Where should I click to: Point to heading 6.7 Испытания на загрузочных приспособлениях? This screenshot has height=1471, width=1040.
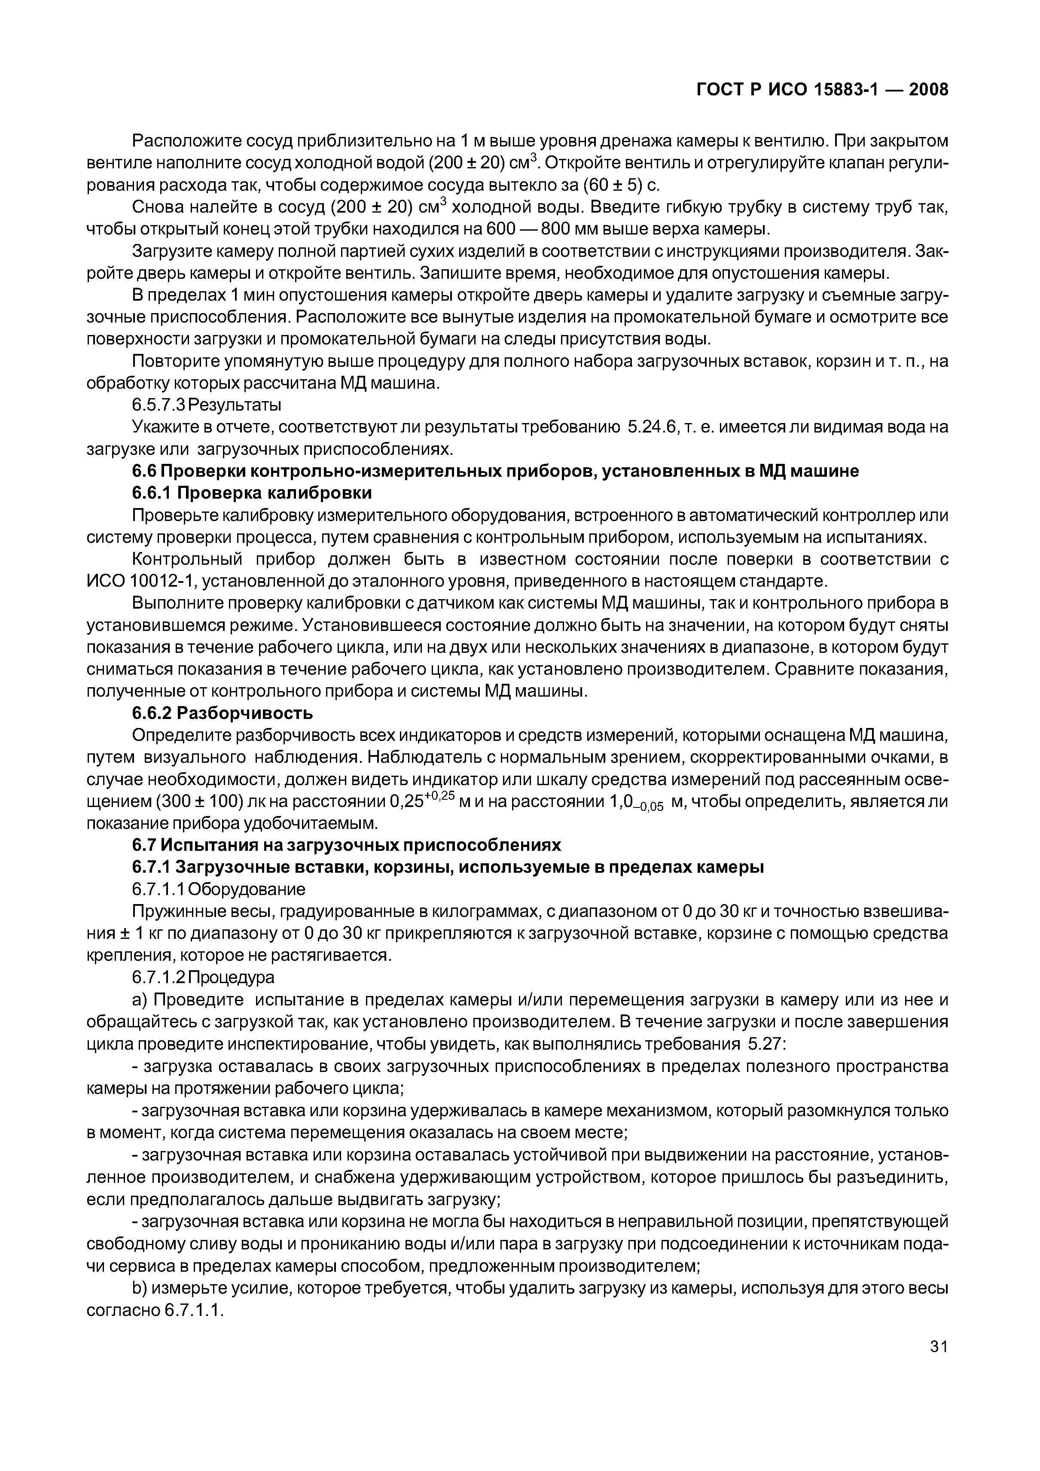pos(346,845)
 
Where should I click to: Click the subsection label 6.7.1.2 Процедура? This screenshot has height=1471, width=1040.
pos(203,977)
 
